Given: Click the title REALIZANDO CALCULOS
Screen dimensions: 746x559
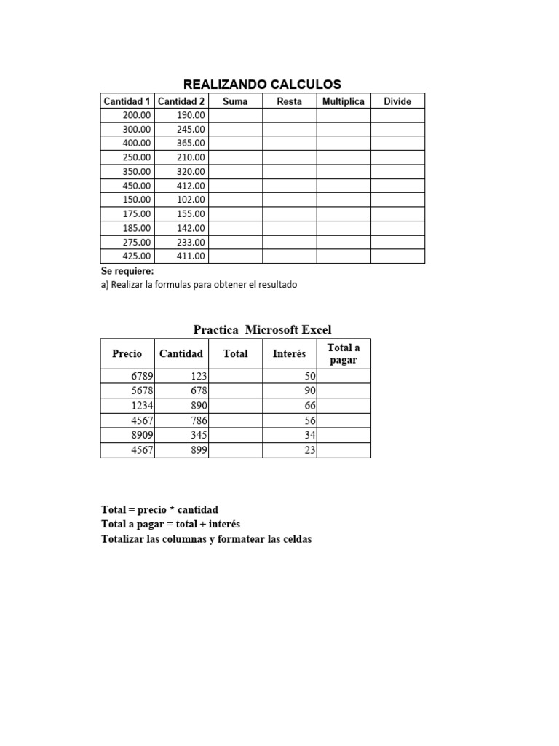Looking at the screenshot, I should [x=262, y=85].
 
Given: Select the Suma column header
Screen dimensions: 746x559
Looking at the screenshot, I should [x=235, y=101].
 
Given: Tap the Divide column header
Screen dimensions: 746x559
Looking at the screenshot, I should [x=397, y=101].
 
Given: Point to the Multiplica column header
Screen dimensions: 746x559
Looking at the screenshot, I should [x=344, y=101].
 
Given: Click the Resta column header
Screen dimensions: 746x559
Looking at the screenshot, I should [x=290, y=101].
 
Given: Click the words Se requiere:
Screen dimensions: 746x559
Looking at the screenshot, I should [x=127, y=272].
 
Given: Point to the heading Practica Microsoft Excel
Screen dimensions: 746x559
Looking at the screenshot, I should [x=262, y=330].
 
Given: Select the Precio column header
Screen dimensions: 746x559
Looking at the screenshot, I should [x=127, y=354].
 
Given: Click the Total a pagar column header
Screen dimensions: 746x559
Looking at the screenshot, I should [x=344, y=354].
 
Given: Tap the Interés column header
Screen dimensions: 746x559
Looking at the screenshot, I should [x=290, y=354].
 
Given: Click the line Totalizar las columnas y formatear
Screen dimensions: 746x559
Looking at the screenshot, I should [x=207, y=540].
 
